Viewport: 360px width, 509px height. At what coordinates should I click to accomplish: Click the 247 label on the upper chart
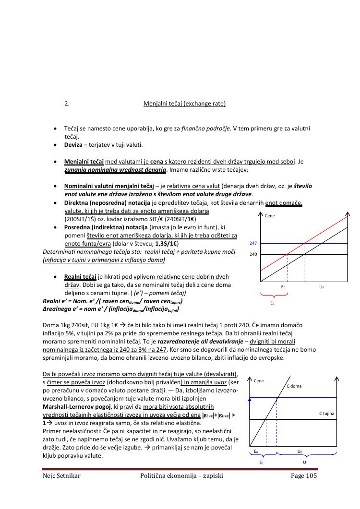(253, 244)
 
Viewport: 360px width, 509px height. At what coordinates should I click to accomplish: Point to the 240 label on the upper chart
(253, 254)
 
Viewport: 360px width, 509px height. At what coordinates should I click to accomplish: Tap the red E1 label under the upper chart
(272, 303)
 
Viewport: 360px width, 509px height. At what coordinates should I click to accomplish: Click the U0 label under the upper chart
(322, 287)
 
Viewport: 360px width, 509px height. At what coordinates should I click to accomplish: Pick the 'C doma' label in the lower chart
(294, 386)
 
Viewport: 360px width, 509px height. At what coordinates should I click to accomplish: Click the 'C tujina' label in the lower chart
(326, 413)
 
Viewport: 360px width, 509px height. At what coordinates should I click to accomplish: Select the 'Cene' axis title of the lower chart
(259, 381)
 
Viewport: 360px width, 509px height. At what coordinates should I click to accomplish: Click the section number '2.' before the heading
(67, 104)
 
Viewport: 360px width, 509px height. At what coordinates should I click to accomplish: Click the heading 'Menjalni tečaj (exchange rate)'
(184, 104)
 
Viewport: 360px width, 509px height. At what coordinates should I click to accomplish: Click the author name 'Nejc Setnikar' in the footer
(60, 476)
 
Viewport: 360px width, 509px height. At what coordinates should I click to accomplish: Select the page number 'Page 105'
(304, 476)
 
